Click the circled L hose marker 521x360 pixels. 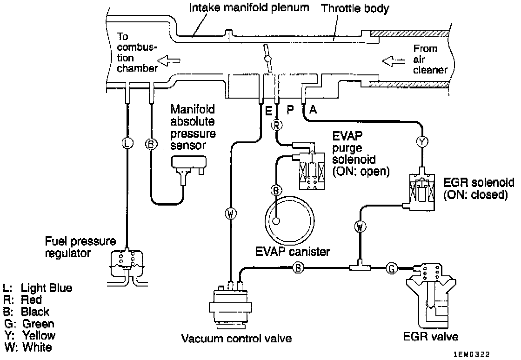click(127, 143)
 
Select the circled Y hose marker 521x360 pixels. click(422, 143)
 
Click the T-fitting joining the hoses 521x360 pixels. click(358, 267)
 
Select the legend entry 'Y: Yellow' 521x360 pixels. click(30, 335)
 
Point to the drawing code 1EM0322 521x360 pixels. click(472, 354)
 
